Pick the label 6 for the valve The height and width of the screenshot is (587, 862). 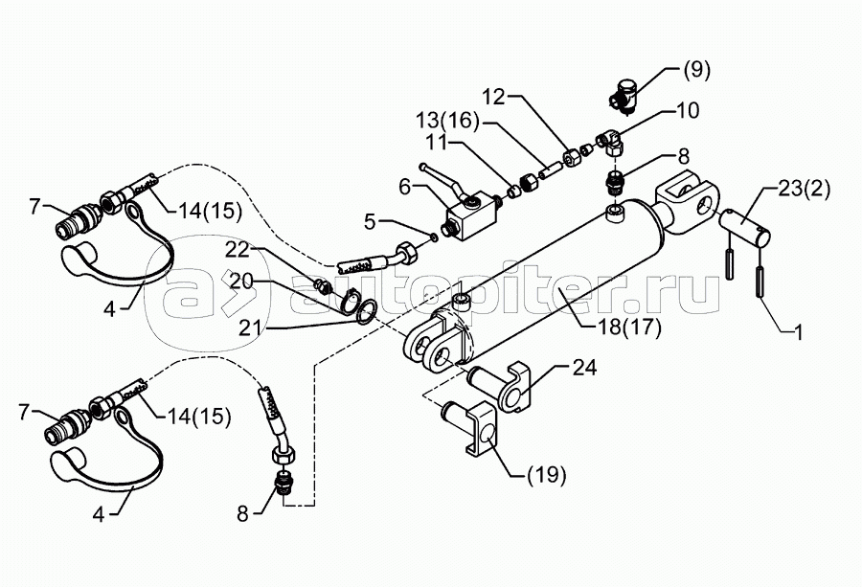pos(404,187)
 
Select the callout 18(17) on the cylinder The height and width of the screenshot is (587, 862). pos(629,327)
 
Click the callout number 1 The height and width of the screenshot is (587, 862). pos(798,332)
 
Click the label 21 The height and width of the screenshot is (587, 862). pos(251,328)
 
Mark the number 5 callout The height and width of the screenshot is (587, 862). pos(370,222)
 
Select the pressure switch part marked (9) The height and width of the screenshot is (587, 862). pos(626,95)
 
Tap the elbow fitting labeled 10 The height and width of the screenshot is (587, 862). pos(613,139)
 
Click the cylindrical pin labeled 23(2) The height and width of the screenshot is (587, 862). pos(745,228)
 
